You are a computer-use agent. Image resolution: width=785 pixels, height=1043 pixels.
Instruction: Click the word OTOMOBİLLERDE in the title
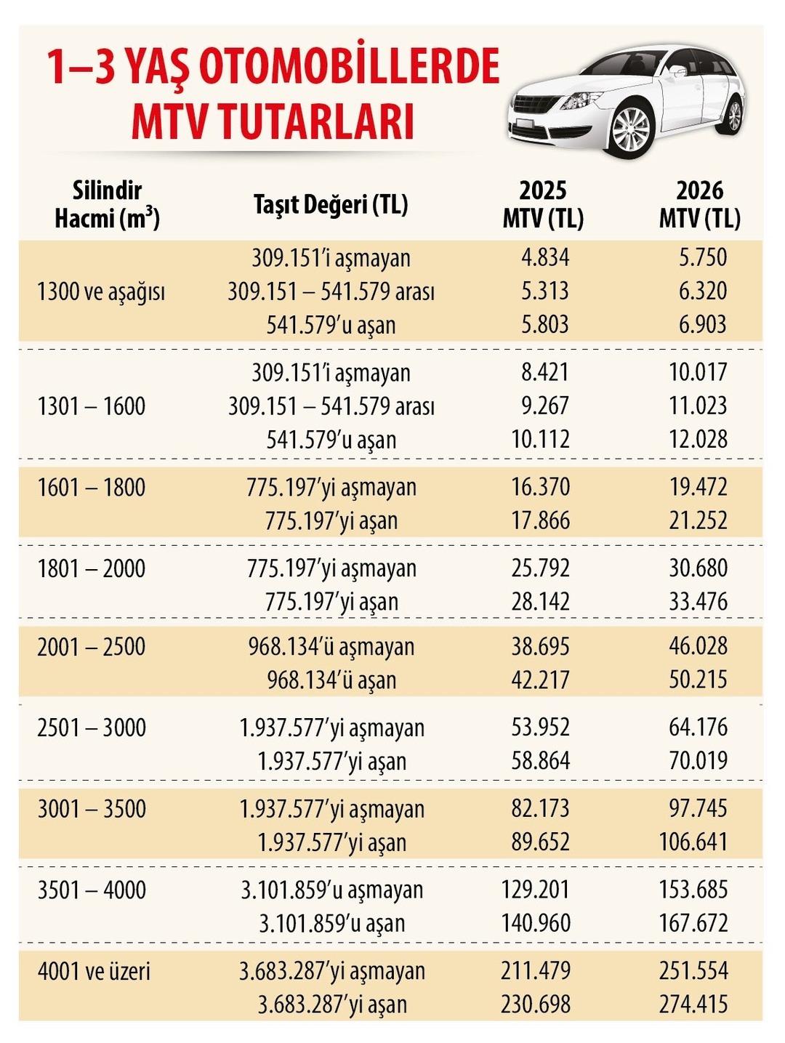pyautogui.click(x=348, y=67)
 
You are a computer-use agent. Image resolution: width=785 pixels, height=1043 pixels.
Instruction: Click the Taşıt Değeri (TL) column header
pyautogui.click(x=331, y=205)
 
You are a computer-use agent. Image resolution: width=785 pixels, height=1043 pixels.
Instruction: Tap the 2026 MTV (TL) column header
pyautogui.click(x=699, y=204)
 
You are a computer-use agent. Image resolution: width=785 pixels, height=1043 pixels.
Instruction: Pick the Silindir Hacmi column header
pyautogui.click(x=107, y=204)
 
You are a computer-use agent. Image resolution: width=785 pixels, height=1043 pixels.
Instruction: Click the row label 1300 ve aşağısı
pyautogui.click(x=101, y=292)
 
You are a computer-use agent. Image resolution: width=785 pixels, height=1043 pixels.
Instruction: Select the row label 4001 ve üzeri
pyautogui.click(x=94, y=971)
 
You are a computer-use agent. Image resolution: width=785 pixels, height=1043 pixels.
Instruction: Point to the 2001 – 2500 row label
pyautogui.click(x=92, y=647)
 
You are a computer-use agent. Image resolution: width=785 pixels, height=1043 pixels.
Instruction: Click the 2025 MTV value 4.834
pyautogui.click(x=545, y=257)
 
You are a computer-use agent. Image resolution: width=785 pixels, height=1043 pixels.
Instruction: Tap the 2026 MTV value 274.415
pyautogui.click(x=693, y=1004)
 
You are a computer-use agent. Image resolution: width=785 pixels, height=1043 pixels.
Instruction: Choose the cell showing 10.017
pyautogui.click(x=698, y=372)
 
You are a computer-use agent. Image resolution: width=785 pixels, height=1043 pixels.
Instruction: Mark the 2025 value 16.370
pyautogui.click(x=540, y=487)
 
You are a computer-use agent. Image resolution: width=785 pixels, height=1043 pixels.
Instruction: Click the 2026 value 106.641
pyautogui.click(x=693, y=842)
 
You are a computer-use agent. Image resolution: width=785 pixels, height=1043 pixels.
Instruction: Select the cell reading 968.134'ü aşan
pyautogui.click(x=331, y=680)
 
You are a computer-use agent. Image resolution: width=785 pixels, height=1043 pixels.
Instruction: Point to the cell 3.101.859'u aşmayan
pyautogui.click(x=332, y=890)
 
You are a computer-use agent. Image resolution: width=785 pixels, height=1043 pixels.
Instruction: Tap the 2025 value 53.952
pyautogui.click(x=540, y=728)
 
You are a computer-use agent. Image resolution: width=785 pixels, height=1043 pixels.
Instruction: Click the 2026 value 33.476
pyautogui.click(x=698, y=602)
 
